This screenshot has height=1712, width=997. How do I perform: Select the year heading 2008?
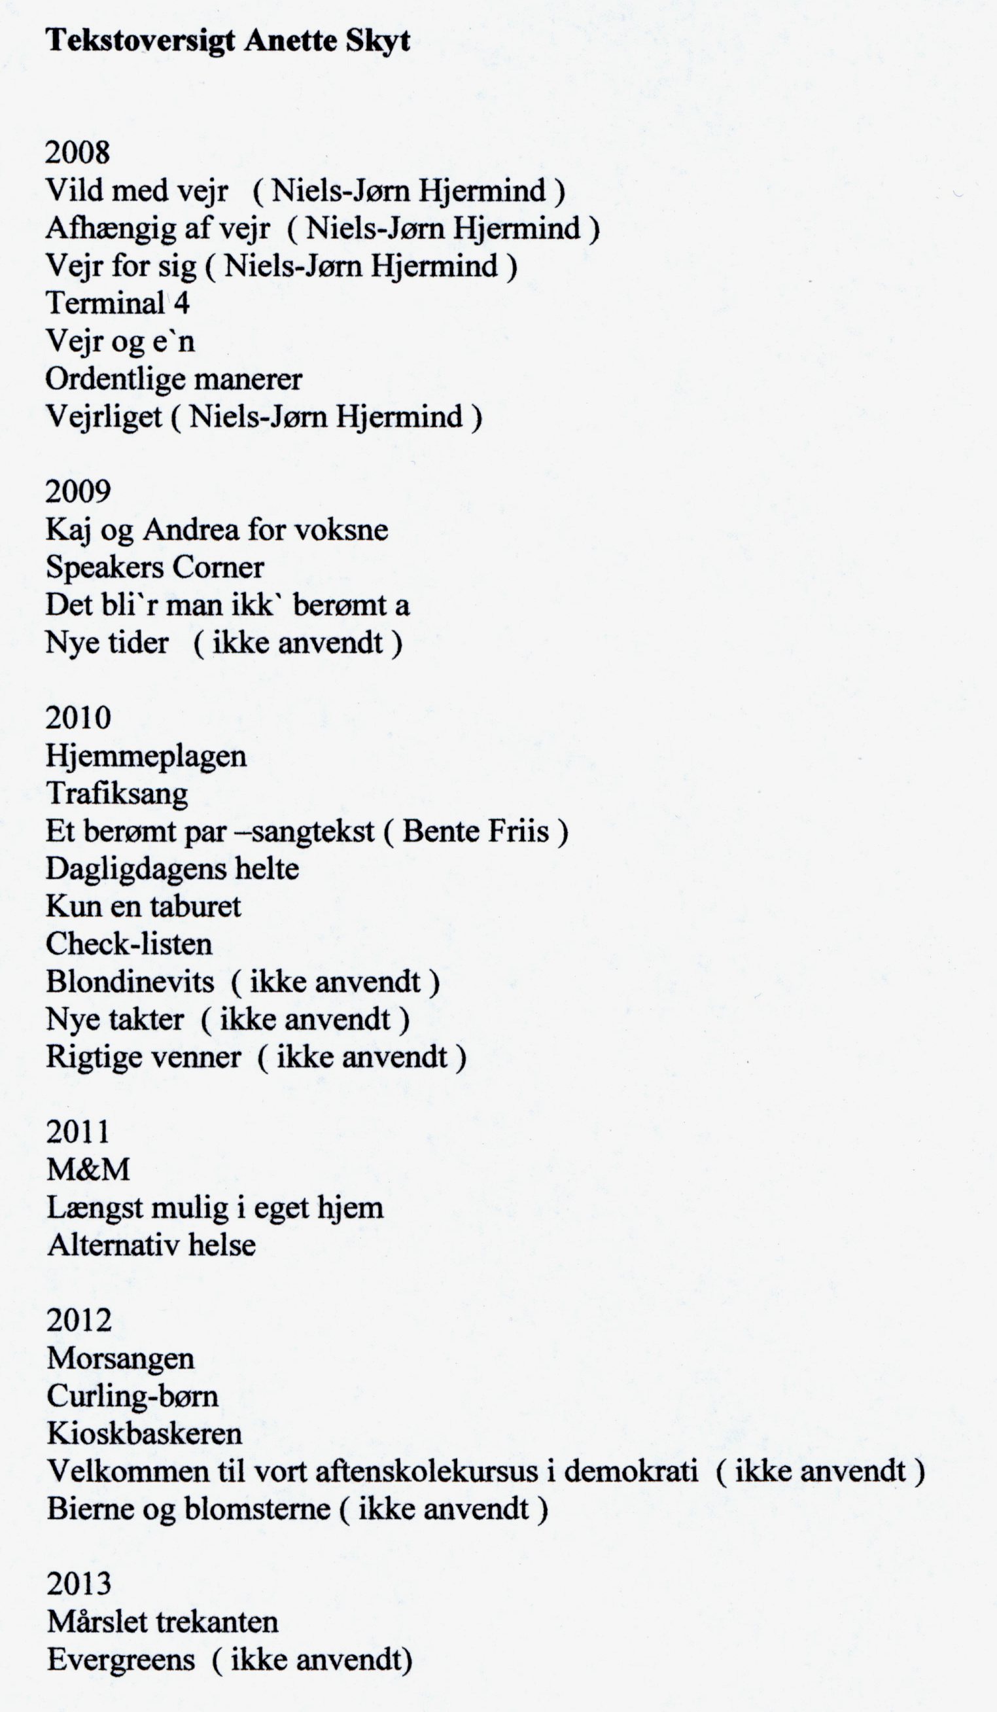pos(77,152)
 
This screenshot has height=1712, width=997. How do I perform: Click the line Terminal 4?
pos(118,303)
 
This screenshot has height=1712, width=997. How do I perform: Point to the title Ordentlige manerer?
pos(174,378)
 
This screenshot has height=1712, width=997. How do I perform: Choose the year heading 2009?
pos(77,491)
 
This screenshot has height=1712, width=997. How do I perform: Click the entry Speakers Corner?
pos(155,567)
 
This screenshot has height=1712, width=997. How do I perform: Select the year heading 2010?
pos(77,718)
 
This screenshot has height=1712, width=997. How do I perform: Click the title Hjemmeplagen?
pos(146,756)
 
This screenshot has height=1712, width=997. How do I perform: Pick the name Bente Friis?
pos(476,831)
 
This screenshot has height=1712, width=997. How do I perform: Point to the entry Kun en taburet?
pos(143,906)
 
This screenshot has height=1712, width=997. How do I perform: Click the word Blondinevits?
pos(130,982)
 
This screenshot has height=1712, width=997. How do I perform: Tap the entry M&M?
pos(88,1170)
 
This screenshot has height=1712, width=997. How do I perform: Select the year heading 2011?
pos(77,1132)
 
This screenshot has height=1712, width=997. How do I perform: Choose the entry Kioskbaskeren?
pos(145,1434)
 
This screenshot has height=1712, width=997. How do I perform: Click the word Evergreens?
pos(121,1660)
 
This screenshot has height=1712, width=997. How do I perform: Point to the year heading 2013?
pos(79,1585)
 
